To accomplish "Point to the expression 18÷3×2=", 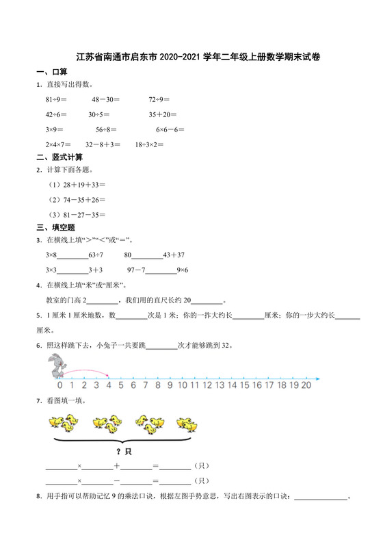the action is click(149, 144).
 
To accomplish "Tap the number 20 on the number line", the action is click(306, 385).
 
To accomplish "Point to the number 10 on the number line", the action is click(181, 385).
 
